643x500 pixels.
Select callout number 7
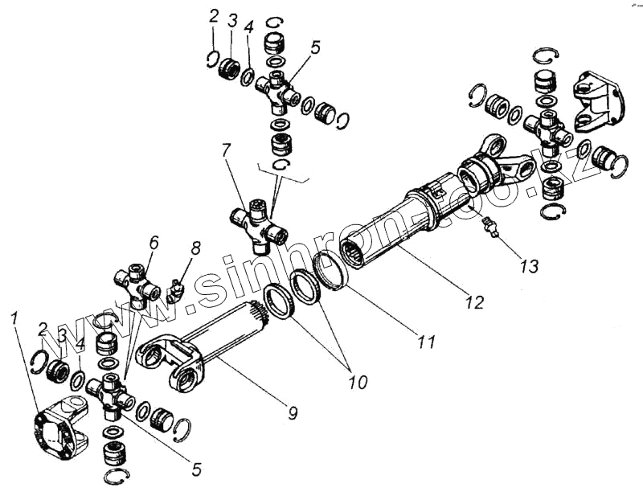coord(226,150)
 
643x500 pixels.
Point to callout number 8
coord(195,248)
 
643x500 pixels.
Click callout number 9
coord(293,413)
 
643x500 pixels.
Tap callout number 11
coord(425,342)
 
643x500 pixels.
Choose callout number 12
coord(474,302)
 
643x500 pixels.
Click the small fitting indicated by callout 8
coord(175,289)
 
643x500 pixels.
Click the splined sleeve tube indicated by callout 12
coord(394,225)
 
